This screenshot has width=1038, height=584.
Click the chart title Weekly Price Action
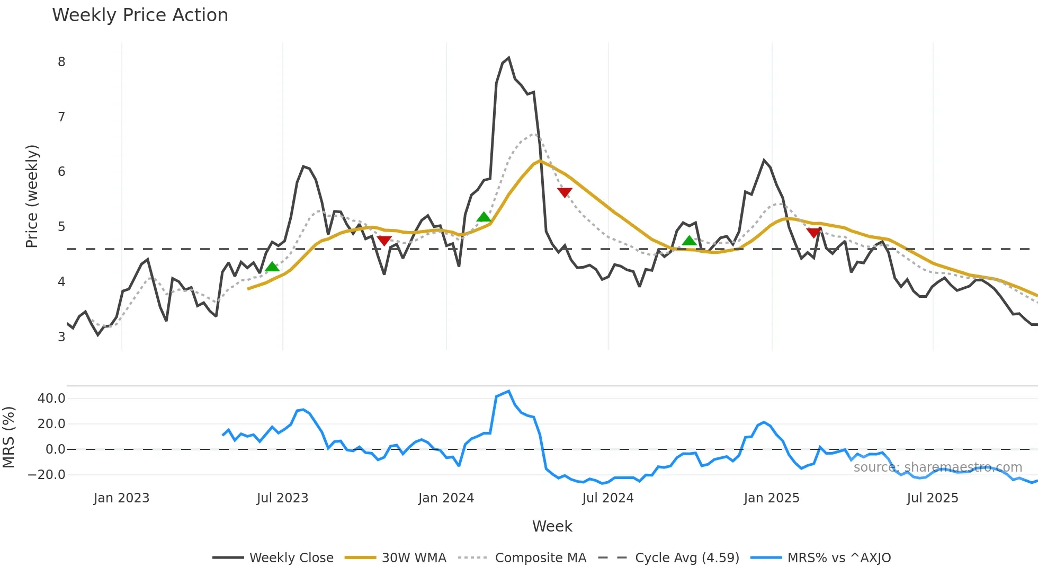pyautogui.click(x=140, y=15)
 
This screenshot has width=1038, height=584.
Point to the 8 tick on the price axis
pyautogui.click(x=61, y=62)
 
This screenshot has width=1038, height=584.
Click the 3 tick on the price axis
pyautogui.click(x=61, y=337)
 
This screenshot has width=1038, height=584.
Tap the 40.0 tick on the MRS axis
pyautogui.click(x=51, y=399)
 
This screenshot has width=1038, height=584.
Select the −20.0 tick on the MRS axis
pyautogui.click(x=47, y=475)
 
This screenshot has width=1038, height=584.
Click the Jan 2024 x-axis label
pyautogui.click(x=446, y=498)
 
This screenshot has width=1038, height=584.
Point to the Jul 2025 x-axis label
pyautogui.click(x=932, y=498)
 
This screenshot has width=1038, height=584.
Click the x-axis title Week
pyautogui.click(x=552, y=526)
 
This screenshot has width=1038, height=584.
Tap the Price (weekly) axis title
pyautogui.click(x=32, y=196)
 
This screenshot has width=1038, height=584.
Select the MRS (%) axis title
pyautogui.click(x=9, y=437)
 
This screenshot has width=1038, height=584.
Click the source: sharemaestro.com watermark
pyautogui.click(x=937, y=467)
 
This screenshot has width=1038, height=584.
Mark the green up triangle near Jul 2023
pyautogui.click(x=272, y=267)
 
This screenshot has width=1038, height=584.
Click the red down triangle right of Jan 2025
pyautogui.click(x=814, y=233)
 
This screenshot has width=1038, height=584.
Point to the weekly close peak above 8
pyautogui.click(x=508, y=58)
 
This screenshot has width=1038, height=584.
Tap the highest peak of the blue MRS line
pyautogui.click(x=508, y=392)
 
